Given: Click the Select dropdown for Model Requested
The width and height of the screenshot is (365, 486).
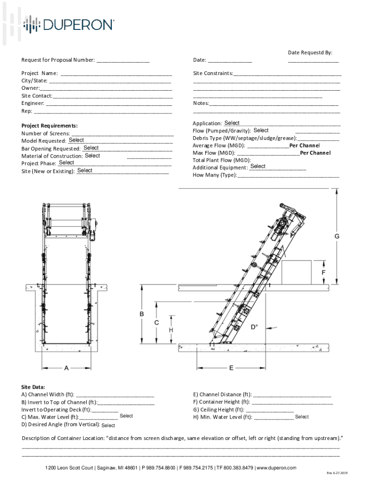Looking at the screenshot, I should click(x=76, y=140).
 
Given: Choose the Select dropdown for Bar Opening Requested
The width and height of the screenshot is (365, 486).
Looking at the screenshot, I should click(x=91, y=148).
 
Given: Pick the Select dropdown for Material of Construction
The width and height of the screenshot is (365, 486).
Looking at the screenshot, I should click(x=92, y=156).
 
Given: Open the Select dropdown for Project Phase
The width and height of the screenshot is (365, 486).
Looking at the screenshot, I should click(x=66, y=163).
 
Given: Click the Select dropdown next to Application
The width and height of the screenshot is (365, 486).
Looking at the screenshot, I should click(x=232, y=123).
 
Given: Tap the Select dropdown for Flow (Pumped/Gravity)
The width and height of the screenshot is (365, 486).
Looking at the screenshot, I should click(x=261, y=131).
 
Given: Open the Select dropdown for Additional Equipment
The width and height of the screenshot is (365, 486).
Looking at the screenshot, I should click(x=258, y=167).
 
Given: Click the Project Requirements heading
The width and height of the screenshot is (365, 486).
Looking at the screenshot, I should click(x=49, y=126).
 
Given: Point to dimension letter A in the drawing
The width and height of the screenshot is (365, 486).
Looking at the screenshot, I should click(x=66, y=367).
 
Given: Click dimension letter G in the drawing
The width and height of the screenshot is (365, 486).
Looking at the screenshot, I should click(x=337, y=236).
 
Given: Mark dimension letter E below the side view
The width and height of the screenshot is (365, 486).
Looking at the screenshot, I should click(x=231, y=367).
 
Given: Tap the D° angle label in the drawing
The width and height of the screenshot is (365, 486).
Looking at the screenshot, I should click(x=255, y=327).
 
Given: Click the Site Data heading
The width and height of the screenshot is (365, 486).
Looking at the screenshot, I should click(x=33, y=387).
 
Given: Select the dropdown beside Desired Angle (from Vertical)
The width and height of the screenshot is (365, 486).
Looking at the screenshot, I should click(x=108, y=426).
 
